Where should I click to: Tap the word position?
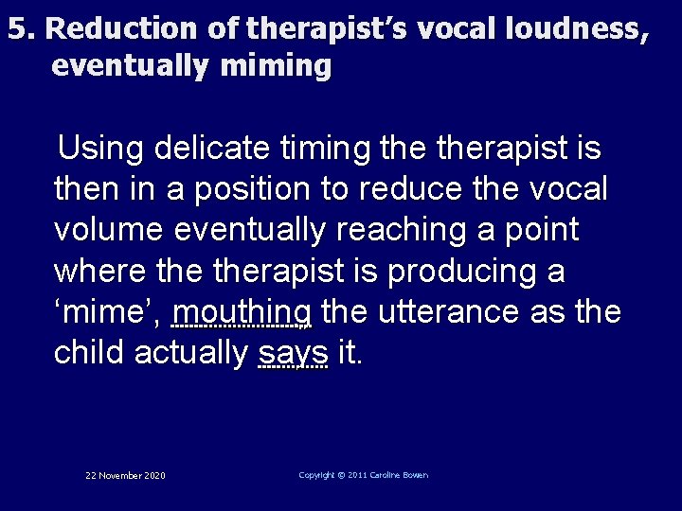[x=253, y=189]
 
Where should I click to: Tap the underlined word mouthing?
[x=243, y=311]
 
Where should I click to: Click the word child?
[x=90, y=352]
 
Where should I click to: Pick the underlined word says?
[x=293, y=352]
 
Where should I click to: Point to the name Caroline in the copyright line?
[x=383, y=475]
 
